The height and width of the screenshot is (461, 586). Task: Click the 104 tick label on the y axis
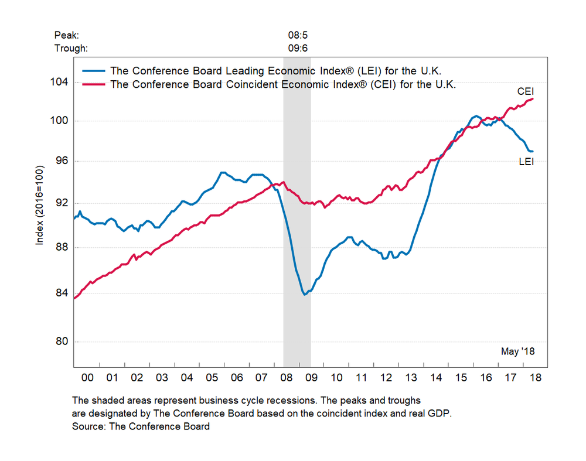[x=60, y=82]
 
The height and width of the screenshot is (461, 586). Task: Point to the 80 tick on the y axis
[x=63, y=342]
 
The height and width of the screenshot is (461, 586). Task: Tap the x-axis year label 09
[x=311, y=378]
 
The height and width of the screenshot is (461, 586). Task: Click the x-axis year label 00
[x=87, y=378]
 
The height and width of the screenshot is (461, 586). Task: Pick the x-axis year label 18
[x=535, y=378]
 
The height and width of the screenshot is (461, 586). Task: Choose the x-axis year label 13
[x=411, y=378]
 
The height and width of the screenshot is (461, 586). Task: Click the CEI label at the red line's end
[x=525, y=92]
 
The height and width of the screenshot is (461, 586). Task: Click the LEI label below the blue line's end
[x=526, y=162]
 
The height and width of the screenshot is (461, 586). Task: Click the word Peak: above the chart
[x=66, y=35]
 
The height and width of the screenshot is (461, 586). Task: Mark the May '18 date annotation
[x=518, y=351]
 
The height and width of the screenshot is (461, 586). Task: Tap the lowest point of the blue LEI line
[x=305, y=294]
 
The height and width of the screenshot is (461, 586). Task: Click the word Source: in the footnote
[x=90, y=426]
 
